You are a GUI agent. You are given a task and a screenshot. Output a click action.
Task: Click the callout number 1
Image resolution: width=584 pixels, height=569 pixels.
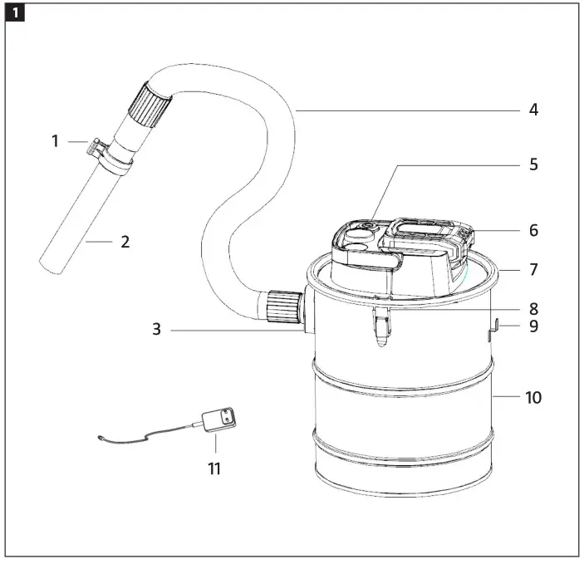click(56, 141)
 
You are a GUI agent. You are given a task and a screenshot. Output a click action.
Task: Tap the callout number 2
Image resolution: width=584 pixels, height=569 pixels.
click(125, 242)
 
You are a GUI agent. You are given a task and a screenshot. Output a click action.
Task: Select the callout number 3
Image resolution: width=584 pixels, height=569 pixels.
click(156, 329)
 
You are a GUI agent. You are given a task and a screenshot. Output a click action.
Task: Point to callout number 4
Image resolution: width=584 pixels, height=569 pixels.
click(533, 109)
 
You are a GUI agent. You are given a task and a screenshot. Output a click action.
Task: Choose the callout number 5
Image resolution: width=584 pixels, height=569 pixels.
click(533, 164)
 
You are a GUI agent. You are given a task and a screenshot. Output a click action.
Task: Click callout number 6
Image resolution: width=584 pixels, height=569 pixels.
click(533, 230)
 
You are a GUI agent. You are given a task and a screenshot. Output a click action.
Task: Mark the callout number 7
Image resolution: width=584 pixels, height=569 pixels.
click(533, 270)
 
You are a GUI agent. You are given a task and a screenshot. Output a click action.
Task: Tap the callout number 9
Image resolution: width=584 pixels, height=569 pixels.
click(533, 326)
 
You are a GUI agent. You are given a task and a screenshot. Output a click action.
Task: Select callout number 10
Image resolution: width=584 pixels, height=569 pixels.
click(532, 397)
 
